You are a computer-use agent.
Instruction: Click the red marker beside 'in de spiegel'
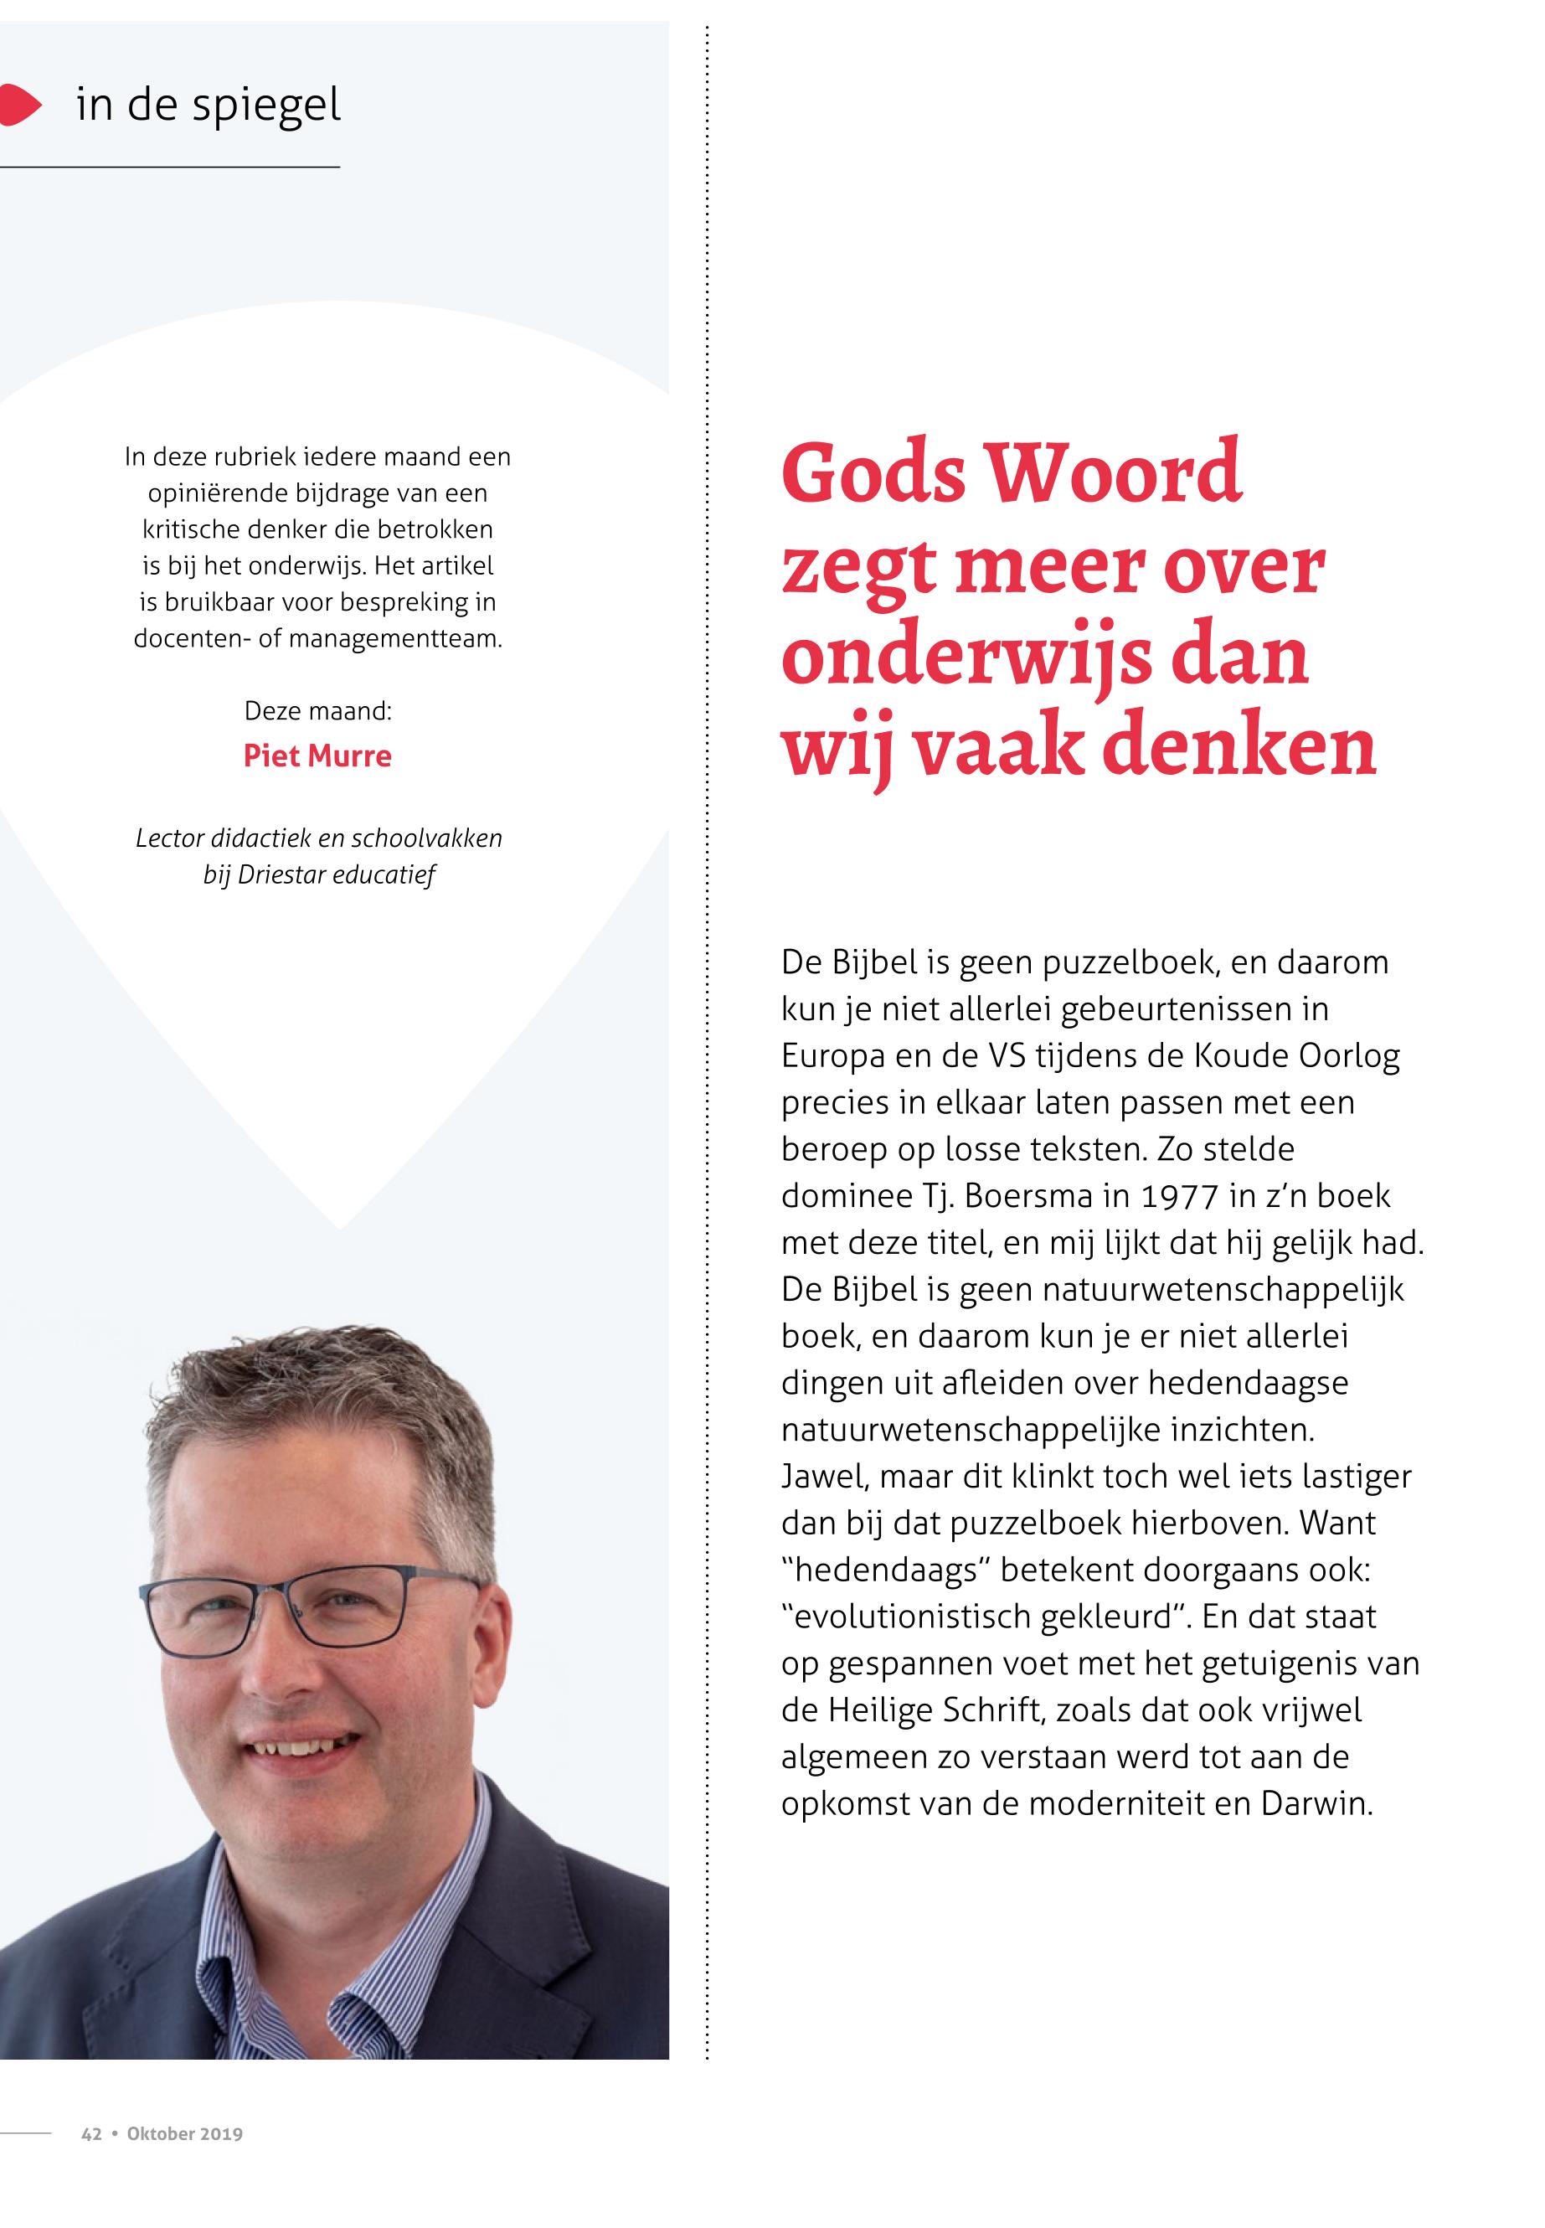(19, 105)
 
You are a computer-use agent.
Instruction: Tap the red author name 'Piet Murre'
(317, 756)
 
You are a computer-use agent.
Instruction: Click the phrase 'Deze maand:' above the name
(317, 711)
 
